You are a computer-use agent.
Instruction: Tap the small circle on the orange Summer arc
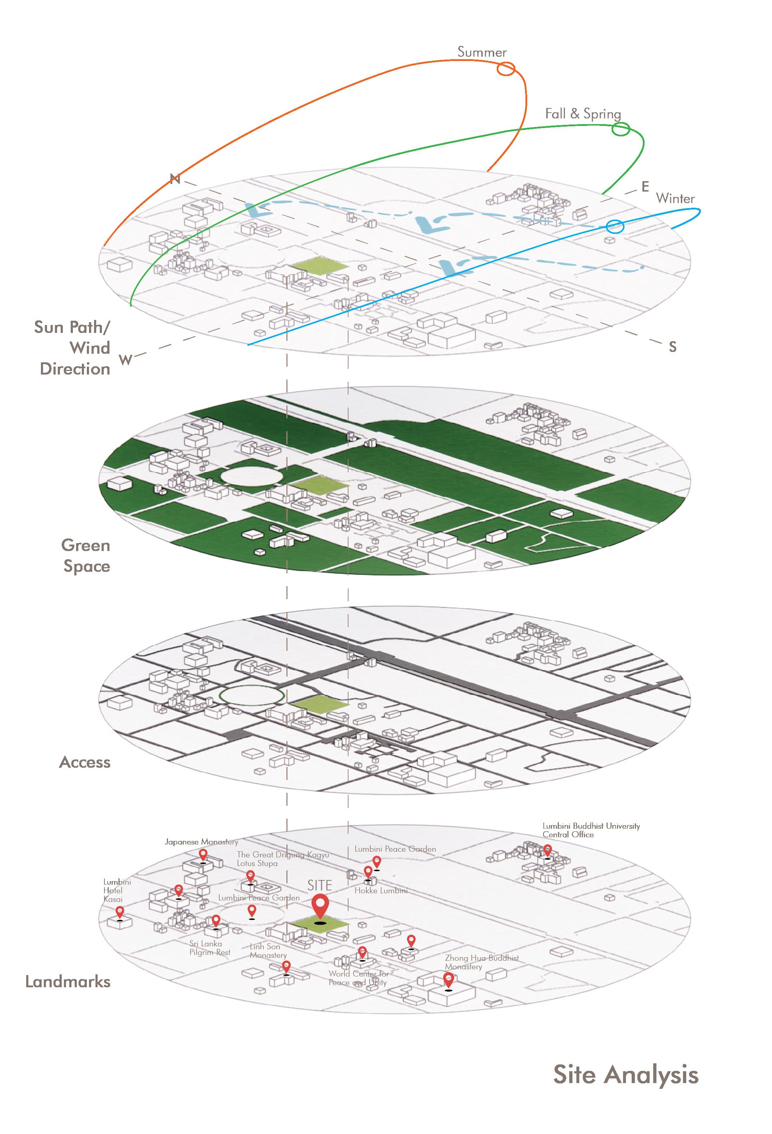[506, 69]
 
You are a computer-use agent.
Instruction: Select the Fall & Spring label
[582, 114]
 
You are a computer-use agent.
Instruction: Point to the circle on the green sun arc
[621, 129]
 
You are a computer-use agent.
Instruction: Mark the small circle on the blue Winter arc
[615, 226]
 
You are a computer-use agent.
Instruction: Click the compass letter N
[175, 179]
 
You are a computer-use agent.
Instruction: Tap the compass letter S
[672, 347]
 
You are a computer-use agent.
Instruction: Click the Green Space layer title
[86, 556]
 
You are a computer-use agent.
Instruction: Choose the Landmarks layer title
[67, 982]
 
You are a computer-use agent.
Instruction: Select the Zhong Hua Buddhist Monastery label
[481, 962]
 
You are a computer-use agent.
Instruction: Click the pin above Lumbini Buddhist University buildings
[548, 851]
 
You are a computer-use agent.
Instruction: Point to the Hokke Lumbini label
[381, 890]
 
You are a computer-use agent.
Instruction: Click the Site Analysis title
[626, 1074]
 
